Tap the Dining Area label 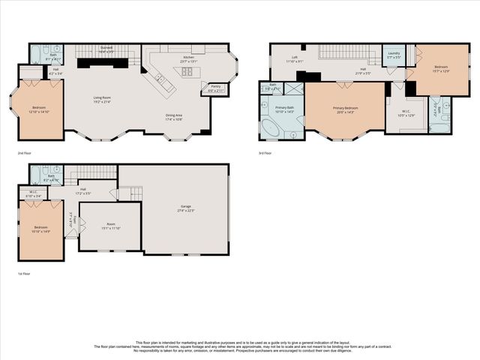[178, 116]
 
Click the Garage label [185, 208]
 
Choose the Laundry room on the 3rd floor [393, 55]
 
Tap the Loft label [295, 58]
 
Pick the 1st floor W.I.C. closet [32, 194]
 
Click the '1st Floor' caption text [25, 274]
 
